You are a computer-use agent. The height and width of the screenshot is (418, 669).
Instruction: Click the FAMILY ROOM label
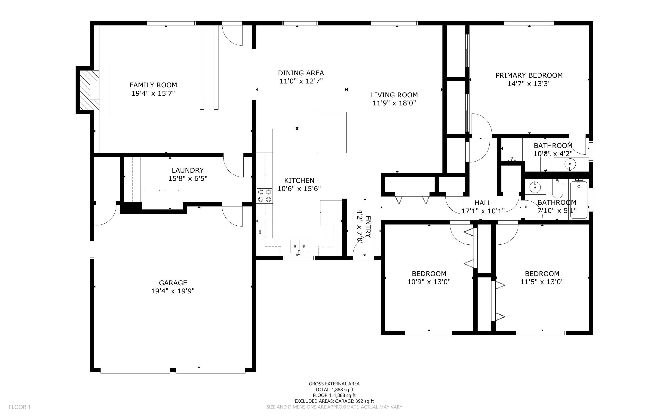pos(153,85)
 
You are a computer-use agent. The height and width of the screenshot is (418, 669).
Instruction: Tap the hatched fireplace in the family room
pos(89,90)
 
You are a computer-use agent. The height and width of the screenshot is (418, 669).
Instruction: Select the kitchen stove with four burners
pos(264,196)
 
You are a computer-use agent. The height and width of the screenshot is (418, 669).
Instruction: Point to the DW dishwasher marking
pos(260,231)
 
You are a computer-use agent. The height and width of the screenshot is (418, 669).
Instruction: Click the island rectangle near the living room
pos(332,132)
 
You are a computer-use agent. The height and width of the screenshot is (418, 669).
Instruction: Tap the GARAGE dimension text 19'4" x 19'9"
pos(173,291)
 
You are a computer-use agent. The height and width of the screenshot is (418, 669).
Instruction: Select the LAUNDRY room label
pos(188,170)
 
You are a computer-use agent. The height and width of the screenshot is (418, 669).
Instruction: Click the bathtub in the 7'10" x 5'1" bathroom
pos(579,199)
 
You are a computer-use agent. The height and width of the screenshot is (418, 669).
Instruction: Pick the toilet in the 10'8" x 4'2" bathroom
pos(546,163)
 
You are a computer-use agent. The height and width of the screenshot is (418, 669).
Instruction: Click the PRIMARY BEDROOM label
pos(529,75)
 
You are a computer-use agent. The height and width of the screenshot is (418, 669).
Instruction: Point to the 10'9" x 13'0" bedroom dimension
pos(429,282)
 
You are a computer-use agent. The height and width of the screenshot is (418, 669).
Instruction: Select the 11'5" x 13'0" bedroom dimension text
pos(542,282)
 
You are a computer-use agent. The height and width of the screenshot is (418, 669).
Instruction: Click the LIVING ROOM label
pos(394,95)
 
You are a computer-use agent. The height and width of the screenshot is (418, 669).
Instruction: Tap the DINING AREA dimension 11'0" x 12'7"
pos(301,81)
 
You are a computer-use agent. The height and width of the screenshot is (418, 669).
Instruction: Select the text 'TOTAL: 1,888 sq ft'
pos(334,390)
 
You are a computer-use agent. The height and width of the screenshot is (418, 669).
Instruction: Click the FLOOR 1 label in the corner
pos(20,407)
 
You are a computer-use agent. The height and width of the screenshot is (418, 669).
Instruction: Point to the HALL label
pos(483,203)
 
